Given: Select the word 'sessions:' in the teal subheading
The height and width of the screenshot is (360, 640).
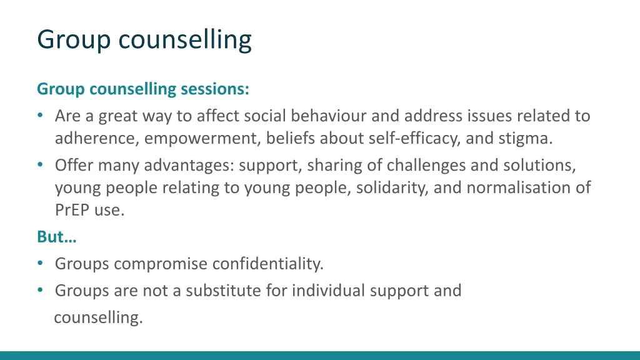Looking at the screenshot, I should click(214, 89).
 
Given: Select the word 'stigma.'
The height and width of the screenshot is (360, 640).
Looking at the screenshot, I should click(526, 138).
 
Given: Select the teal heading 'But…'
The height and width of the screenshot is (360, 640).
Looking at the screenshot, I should click(52, 237).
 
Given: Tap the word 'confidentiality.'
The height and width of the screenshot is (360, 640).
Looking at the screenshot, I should click(267, 264).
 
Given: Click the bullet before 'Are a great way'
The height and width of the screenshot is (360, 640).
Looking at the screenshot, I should click(41, 116).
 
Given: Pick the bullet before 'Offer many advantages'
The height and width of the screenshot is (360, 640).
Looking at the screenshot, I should click(41, 165).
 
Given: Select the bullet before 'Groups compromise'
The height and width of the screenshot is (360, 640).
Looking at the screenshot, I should click(41, 264).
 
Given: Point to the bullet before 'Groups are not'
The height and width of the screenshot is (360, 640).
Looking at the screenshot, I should click(41, 291).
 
